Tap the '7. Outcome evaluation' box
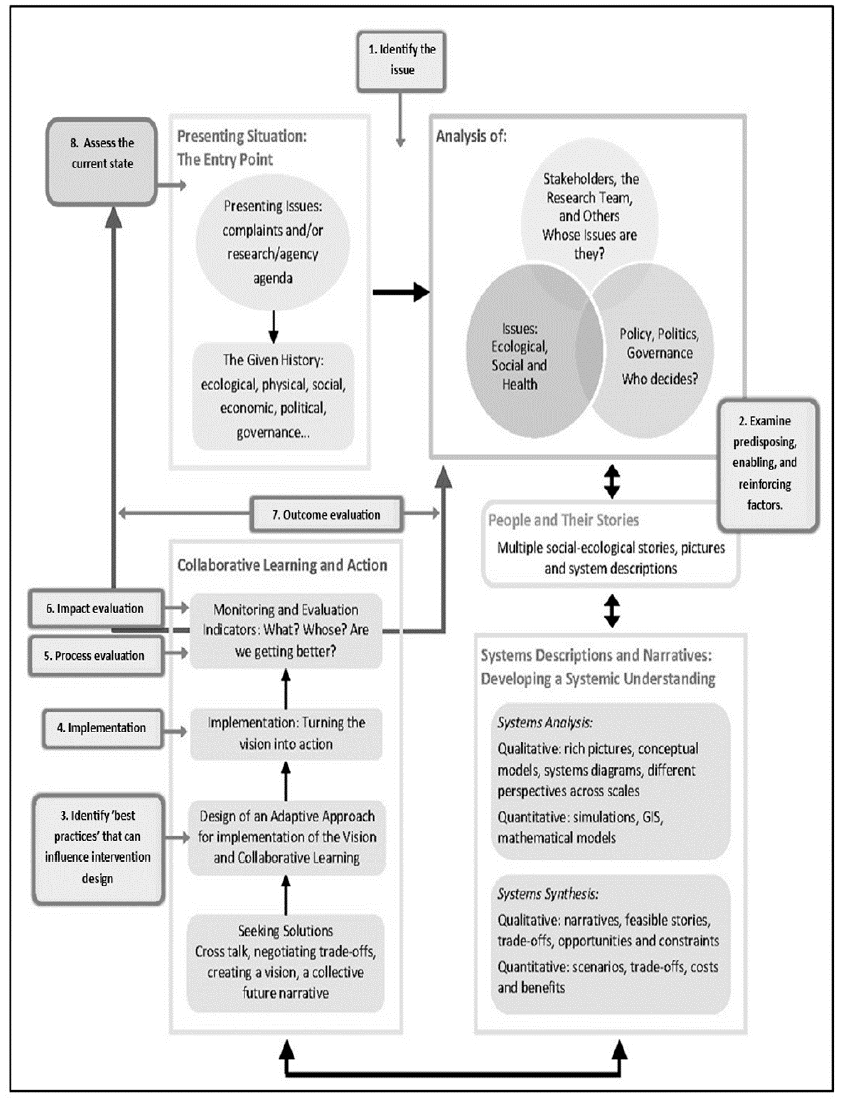[326, 514]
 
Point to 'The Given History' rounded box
[273, 396]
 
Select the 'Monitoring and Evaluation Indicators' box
[286, 630]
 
